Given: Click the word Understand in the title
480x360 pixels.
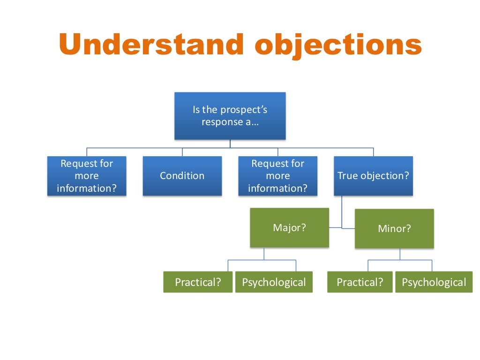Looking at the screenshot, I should tap(152, 45).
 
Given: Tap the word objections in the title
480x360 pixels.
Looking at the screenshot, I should tap(338, 45).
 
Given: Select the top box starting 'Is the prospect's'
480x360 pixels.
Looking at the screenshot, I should tap(230, 116).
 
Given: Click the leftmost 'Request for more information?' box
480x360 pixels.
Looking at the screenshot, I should tap(87, 176).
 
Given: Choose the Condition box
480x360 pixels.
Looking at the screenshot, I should tap(182, 176).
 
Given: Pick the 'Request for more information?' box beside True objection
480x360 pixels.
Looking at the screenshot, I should tap(277, 176).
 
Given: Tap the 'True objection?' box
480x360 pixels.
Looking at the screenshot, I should tap(373, 176).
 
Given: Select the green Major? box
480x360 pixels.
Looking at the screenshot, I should tap(289, 228).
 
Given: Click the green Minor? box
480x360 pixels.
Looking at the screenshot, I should tap(394, 229).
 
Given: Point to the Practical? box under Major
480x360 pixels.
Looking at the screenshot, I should tap(198, 282).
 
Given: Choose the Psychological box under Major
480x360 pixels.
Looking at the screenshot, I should tap(274, 282).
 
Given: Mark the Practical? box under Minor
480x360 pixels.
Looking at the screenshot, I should tap(360, 282).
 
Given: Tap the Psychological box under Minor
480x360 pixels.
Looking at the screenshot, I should tap(434, 282).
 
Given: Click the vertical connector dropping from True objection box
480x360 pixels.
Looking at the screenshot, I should tap(342, 211).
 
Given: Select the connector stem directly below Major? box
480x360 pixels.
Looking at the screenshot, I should tap(263, 254).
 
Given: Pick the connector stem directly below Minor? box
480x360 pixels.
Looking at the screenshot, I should tap(400, 254).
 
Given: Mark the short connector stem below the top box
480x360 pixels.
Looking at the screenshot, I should tap(230, 144).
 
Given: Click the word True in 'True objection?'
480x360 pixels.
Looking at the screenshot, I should tap(347, 176).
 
